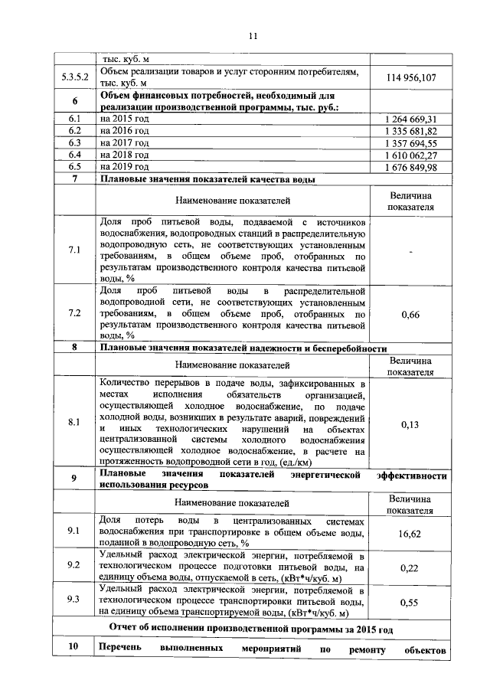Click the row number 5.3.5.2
(75, 77)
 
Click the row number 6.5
(75, 166)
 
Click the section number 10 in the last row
(75, 652)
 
